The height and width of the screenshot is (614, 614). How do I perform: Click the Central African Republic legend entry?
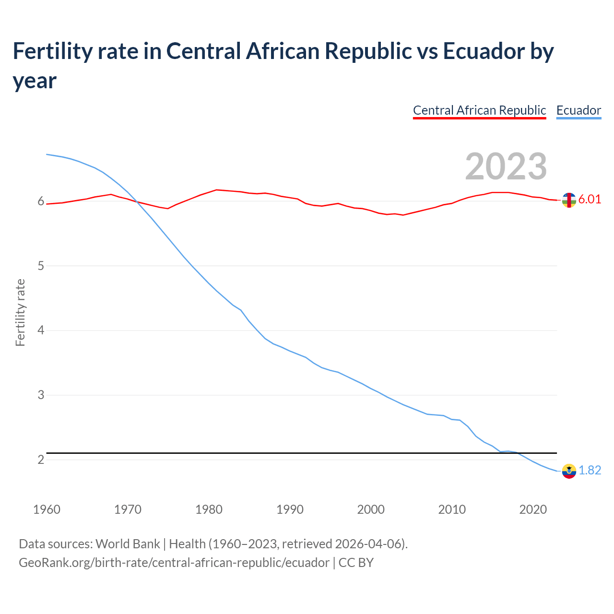click(x=479, y=110)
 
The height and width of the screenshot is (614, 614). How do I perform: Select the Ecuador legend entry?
click(x=579, y=110)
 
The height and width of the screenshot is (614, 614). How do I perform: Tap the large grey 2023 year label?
click(x=506, y=166)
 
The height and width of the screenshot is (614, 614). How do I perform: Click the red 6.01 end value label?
click(x=590, y=199)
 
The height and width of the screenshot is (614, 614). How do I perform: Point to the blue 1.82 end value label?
click(x=590, y=470)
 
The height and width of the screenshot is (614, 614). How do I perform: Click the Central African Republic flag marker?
click(x=568, y=200)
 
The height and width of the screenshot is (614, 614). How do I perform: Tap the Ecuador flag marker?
click(x=568, y=471)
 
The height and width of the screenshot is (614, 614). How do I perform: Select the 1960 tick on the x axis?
click(x=47, y=509)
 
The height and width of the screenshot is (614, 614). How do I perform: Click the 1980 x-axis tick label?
click(x=209, y=509)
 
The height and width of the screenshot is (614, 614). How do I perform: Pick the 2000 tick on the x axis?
click(x=371, y=509)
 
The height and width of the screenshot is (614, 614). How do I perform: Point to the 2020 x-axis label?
click(x=533, y=509)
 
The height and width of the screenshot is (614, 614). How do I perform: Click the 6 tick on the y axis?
click(x=41, y=201)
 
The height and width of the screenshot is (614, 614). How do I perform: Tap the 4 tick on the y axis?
click(x=41, y=331)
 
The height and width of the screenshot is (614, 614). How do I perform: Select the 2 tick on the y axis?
click(x=41, y=460)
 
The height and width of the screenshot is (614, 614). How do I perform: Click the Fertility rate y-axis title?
click(x=20, y=312)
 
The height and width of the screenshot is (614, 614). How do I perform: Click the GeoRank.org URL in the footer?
click(x=174, y=562)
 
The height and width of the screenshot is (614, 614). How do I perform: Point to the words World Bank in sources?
click(x=128, y=543)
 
